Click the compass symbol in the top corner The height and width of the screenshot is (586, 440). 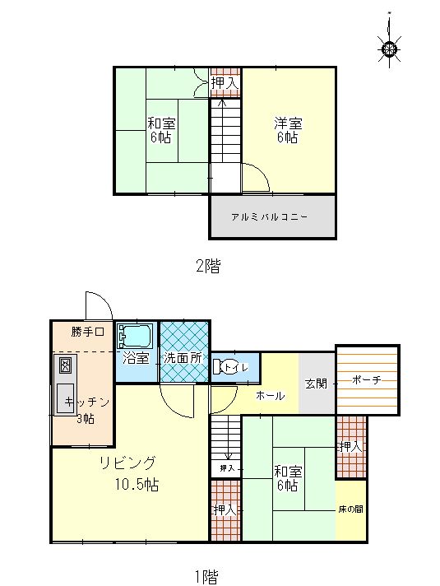coord(389,49)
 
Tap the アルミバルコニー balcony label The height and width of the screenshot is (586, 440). coord(269,217)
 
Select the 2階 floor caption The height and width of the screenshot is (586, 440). coord(208,266)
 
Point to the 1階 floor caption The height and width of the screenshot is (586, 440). coord(206,576)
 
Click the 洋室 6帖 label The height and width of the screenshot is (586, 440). coord(288,130)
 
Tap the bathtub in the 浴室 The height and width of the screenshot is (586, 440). coord(134,336)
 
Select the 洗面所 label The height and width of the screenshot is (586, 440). coord(183,358)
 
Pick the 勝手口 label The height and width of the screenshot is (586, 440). coord(87,332)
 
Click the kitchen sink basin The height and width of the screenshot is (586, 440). coord(65,398)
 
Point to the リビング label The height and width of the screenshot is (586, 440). coord(127,463)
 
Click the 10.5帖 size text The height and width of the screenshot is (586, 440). coord(137,485)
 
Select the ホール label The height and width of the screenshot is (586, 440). coord(271,396)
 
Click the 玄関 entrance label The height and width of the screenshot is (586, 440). coord(317,384)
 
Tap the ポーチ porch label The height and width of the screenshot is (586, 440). coord(367,380)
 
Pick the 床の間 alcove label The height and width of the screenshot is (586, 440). coord(350,509)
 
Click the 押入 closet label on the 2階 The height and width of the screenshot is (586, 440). coord(224,83)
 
